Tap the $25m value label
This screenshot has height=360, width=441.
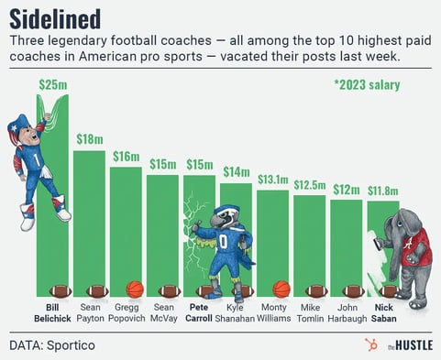tap(52, 84)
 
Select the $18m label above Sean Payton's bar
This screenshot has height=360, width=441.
tap(89, 139)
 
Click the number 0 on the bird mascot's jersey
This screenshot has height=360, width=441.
tap(223, 243)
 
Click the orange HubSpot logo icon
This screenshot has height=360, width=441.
tap(369, 345)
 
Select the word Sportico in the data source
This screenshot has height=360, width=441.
tap(70, 345)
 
